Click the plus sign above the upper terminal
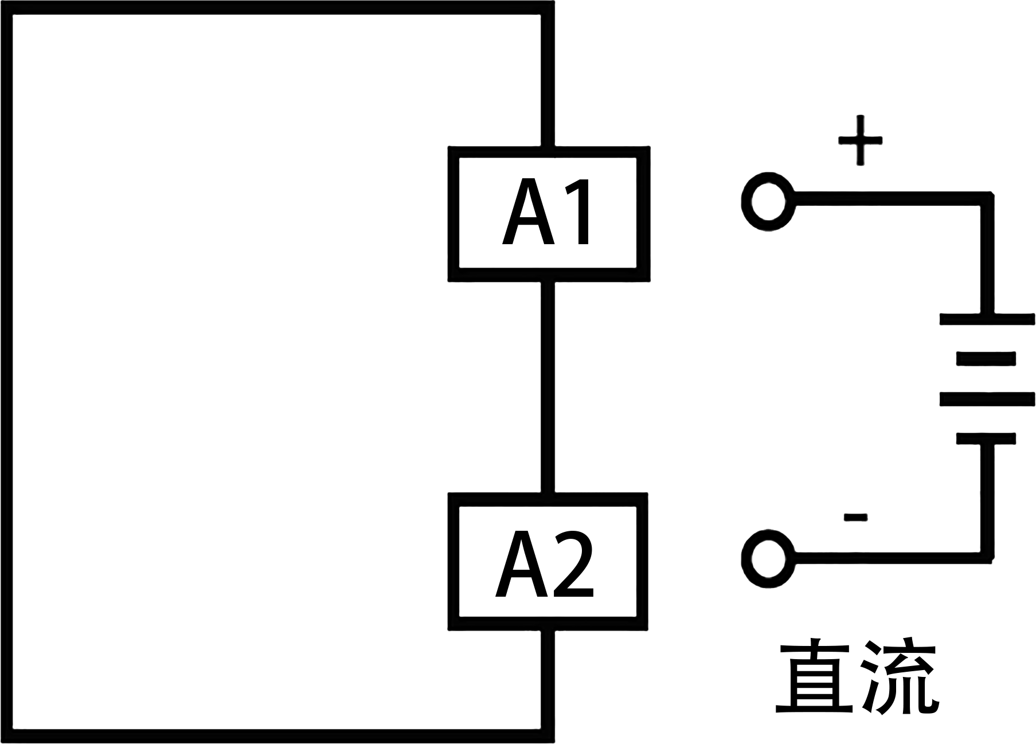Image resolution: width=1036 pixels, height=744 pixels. (860, 140)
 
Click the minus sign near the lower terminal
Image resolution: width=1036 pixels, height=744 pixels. (855, 518)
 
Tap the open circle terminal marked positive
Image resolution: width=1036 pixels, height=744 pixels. (768, 202)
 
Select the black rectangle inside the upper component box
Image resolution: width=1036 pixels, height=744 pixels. (545, 211)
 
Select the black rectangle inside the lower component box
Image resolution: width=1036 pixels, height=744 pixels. (544, 563)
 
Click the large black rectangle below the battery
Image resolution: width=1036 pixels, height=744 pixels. (857, 676)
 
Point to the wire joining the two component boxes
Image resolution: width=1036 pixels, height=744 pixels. (548, 387)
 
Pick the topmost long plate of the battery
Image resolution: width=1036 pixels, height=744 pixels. (987, 319)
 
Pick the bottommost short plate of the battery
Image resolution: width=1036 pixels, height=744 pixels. (986, 438)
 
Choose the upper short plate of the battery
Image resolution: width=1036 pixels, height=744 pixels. (986, 359)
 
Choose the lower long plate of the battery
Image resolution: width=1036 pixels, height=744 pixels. (987, 399)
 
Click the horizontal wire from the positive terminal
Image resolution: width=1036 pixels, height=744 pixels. (889, 199)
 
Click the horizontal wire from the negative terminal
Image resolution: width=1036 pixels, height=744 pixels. (889, 558)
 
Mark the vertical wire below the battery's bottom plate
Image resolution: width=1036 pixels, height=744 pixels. (987, 499)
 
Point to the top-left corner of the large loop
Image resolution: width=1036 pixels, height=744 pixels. (7, 7)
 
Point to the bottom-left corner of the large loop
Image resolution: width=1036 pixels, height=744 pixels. (7, 735)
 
